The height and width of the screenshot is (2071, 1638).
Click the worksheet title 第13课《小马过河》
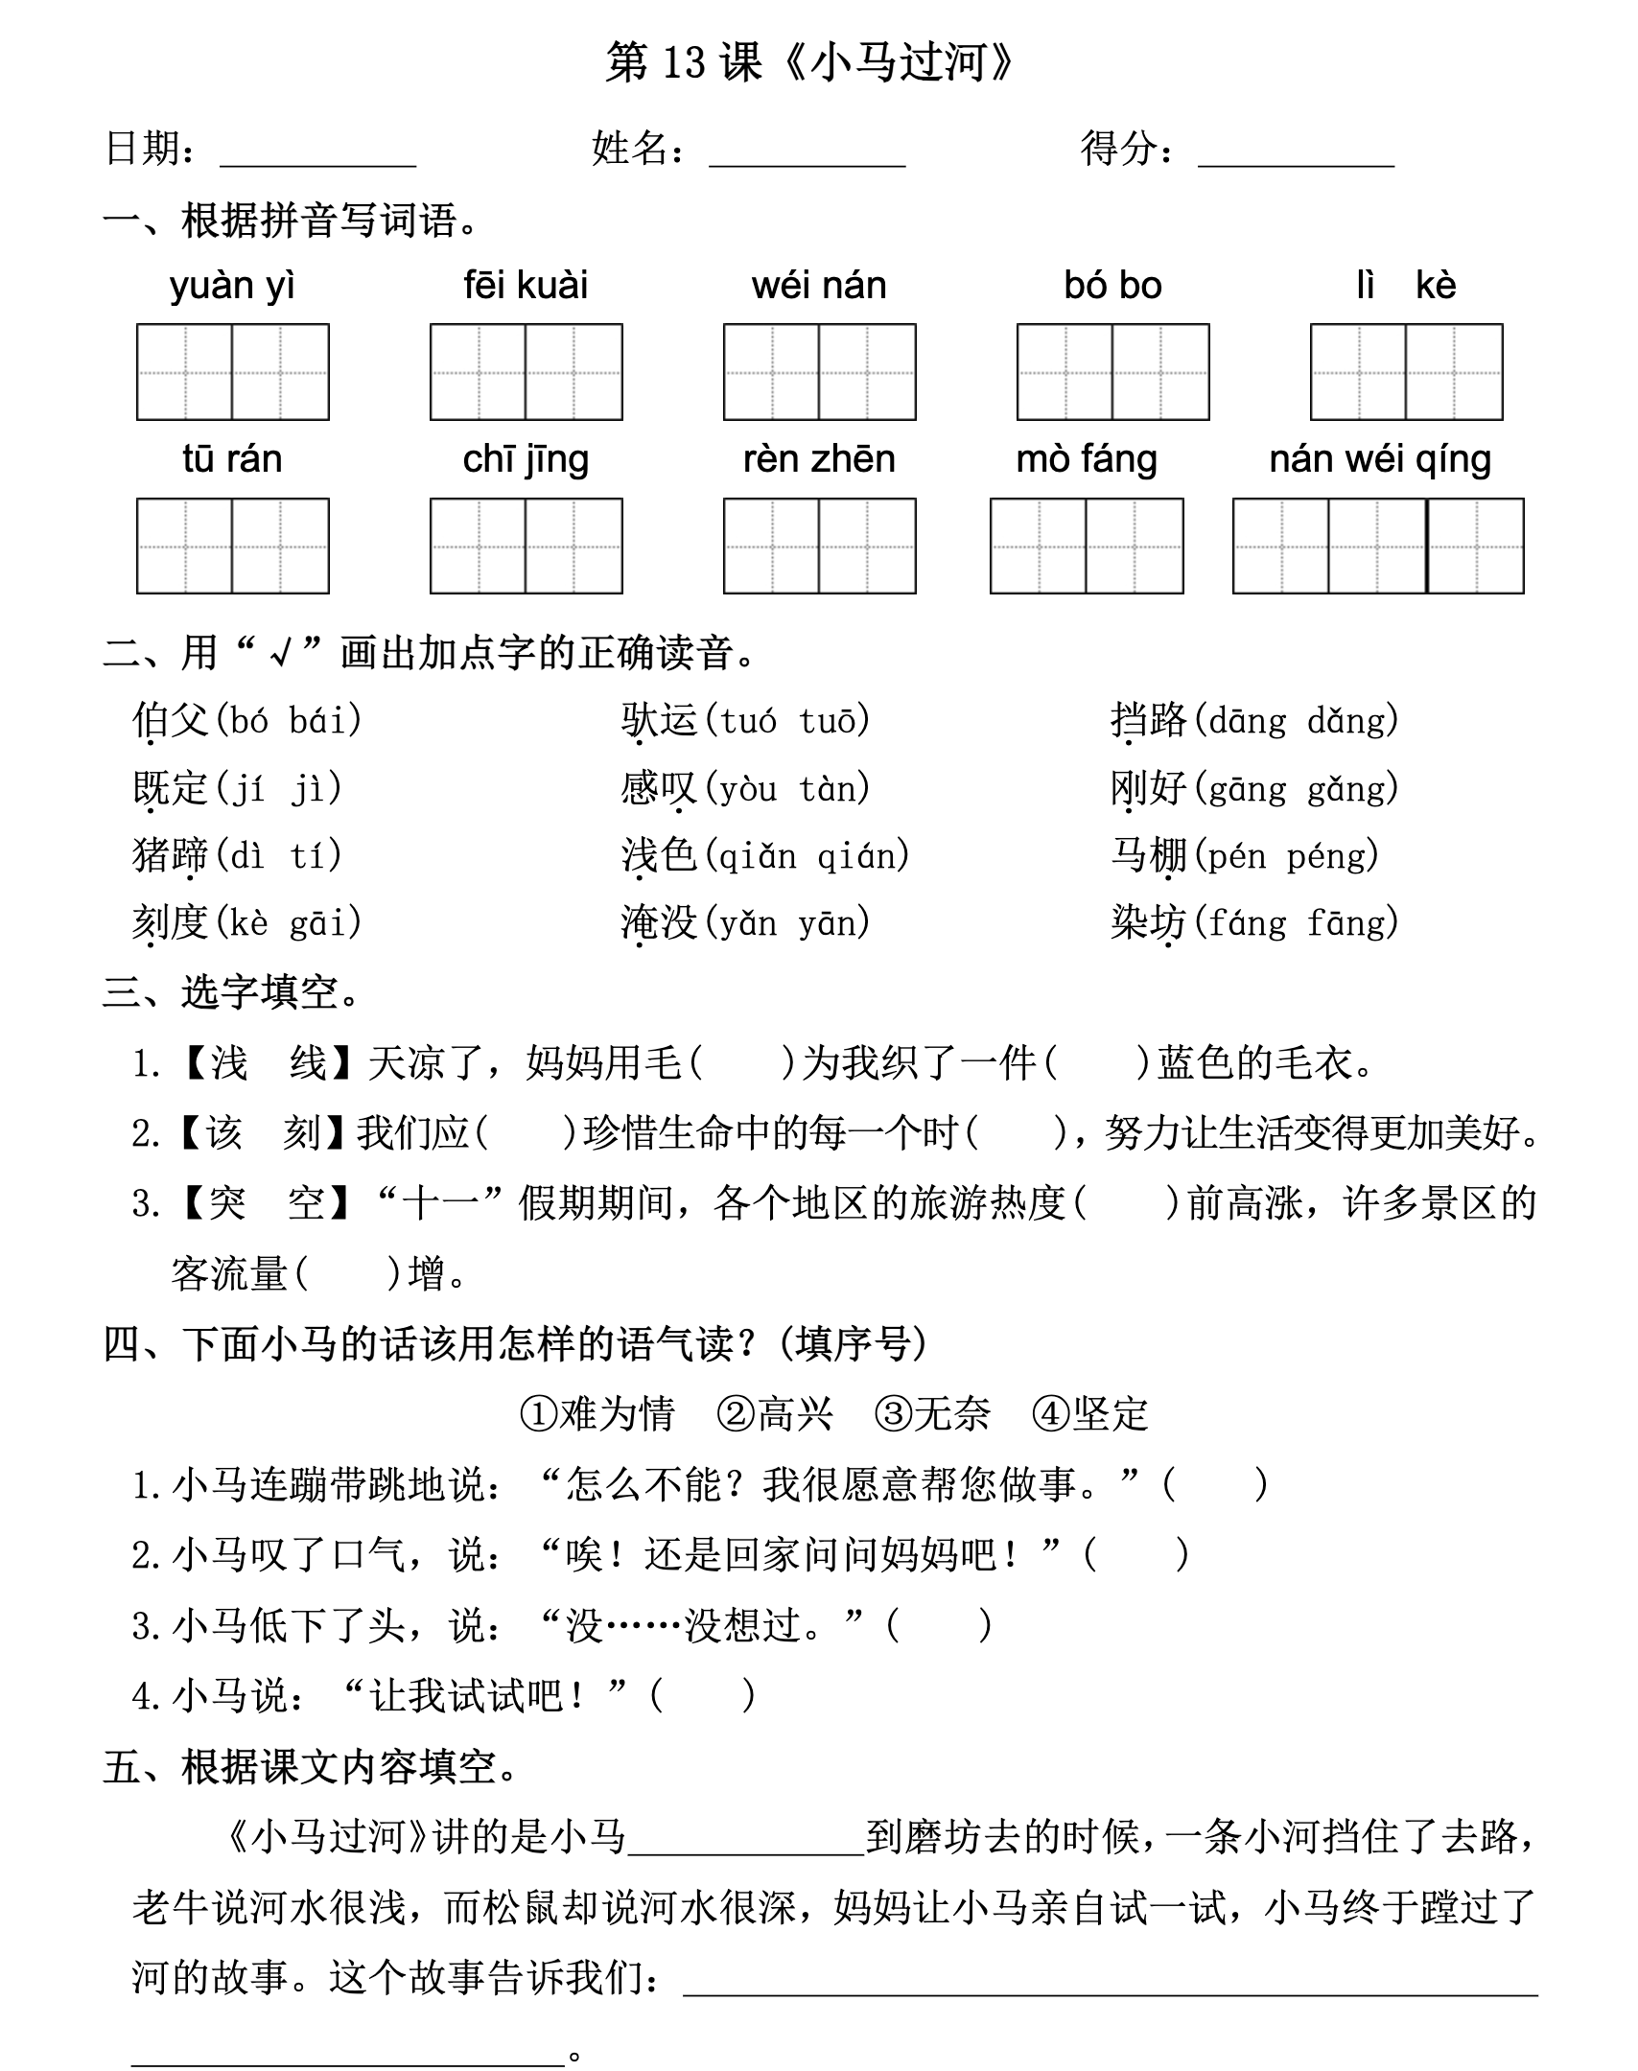point(810,63)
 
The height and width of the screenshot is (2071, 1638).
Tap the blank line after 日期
point(317,153)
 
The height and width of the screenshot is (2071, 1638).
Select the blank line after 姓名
point(807,153)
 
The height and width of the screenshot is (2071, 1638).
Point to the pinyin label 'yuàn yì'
point(232,287)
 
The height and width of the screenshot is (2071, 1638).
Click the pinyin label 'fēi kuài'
point(526,286)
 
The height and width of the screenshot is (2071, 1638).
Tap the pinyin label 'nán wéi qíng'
point(1380,460)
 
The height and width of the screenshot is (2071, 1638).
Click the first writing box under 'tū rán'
point(185,546)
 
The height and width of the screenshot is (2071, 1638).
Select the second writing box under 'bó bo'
point(1160,372)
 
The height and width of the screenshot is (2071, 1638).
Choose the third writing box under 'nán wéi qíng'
point(1476,546)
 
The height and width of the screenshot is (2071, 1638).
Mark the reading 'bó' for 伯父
point(249,721)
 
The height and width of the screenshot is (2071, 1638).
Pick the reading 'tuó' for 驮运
point(748,721)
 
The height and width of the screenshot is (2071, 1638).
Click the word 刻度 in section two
point(170,923)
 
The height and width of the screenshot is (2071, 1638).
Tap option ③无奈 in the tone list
point(932,1414)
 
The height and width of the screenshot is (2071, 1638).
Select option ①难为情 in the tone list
point(597,1414)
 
